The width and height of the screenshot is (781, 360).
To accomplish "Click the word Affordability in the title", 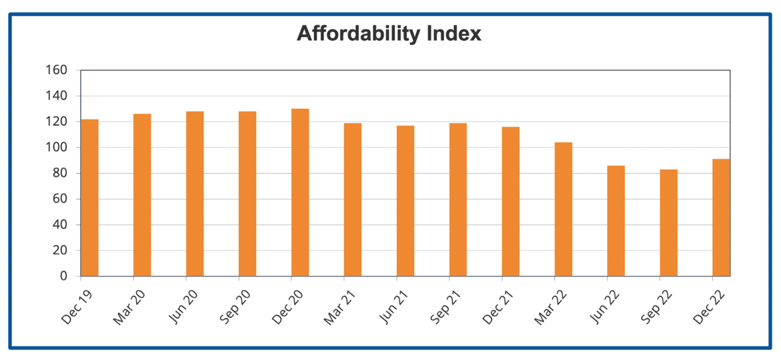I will point(358,33).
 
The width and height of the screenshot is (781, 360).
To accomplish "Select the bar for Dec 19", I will point(90,198).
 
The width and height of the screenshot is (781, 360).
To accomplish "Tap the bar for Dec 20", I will point(300,192).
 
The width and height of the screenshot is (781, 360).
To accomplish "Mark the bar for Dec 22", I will point(721,218).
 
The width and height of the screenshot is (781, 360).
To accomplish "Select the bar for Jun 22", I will point(616,221).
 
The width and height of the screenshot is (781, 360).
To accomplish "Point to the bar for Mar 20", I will point(142,195).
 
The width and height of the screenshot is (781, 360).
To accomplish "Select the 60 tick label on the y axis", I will point(60,199).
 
